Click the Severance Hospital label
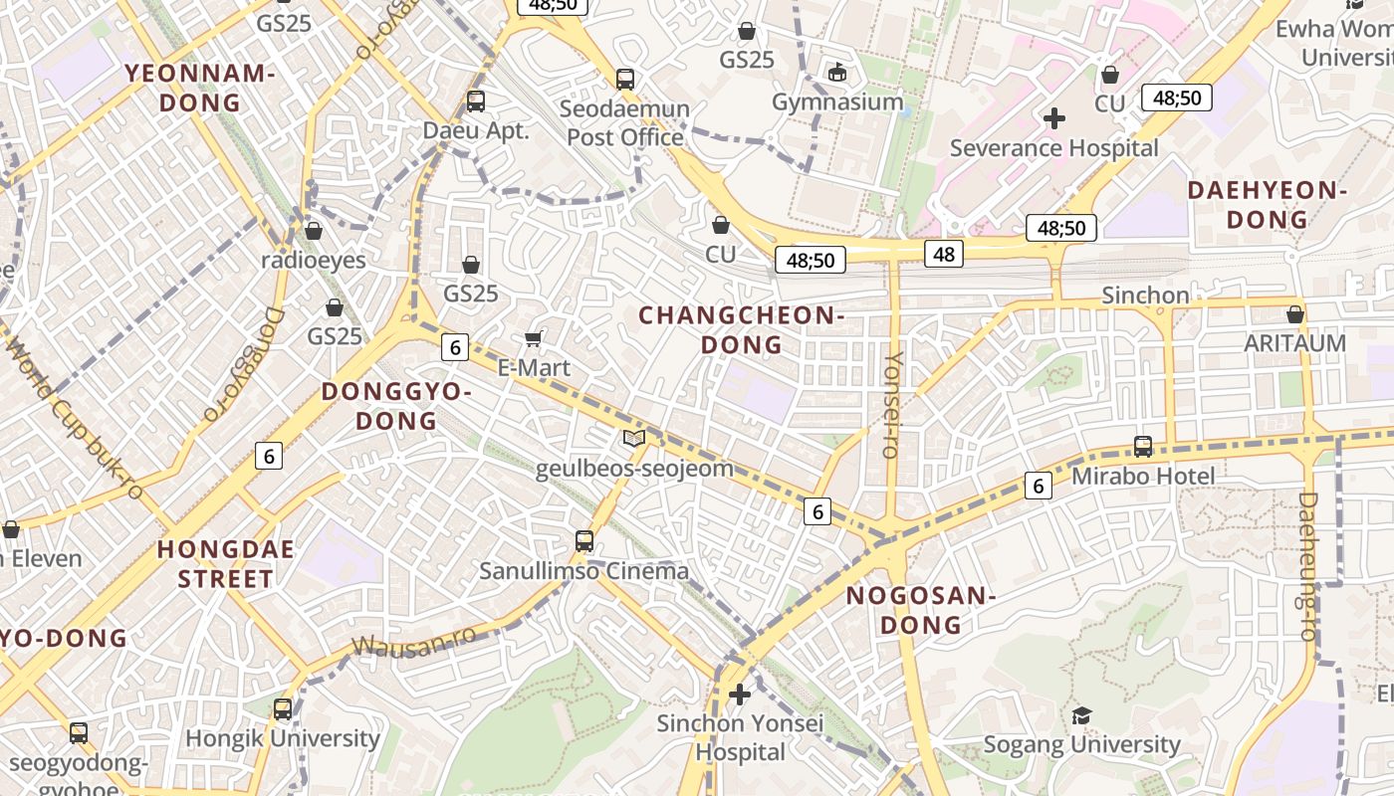1053,148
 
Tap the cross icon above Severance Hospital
1053,118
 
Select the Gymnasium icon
837,72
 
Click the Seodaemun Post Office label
625,122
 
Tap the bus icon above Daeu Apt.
476,100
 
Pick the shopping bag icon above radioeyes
314,231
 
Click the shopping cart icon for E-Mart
534,339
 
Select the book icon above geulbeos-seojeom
634,438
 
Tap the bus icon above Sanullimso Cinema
584,541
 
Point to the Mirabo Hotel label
1143,477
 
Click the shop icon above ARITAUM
1294,314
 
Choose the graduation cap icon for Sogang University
1081,715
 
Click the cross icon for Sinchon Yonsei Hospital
739,694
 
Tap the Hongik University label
283,738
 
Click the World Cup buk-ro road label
75,417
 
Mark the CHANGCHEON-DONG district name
742,329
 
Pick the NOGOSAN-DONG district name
920,610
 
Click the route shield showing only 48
944,254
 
